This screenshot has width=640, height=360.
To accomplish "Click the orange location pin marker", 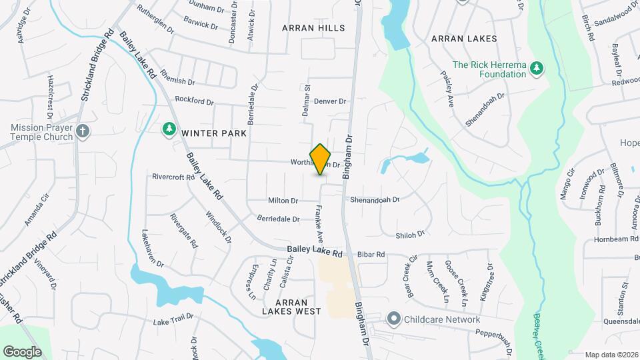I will point(321,159).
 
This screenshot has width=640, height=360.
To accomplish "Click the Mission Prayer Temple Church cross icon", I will point(82,131).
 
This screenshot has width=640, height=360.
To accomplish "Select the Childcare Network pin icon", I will point(393,319).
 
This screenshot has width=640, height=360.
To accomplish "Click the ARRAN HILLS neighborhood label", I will point(313,28).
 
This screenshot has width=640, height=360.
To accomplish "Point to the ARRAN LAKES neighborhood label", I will point(464,39).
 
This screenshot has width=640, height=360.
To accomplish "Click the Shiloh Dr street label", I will point(410,235).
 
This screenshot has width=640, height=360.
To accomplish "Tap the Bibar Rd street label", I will point(371,254).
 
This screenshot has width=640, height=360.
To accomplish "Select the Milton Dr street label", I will point(283,200).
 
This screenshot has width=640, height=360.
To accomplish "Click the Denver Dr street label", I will point(330,101).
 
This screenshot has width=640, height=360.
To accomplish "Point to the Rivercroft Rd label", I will point(173,177).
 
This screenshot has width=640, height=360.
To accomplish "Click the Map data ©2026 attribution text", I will point(611,355).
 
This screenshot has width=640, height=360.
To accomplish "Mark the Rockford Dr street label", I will point(194,101).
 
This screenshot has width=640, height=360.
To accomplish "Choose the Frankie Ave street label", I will point(319,227).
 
